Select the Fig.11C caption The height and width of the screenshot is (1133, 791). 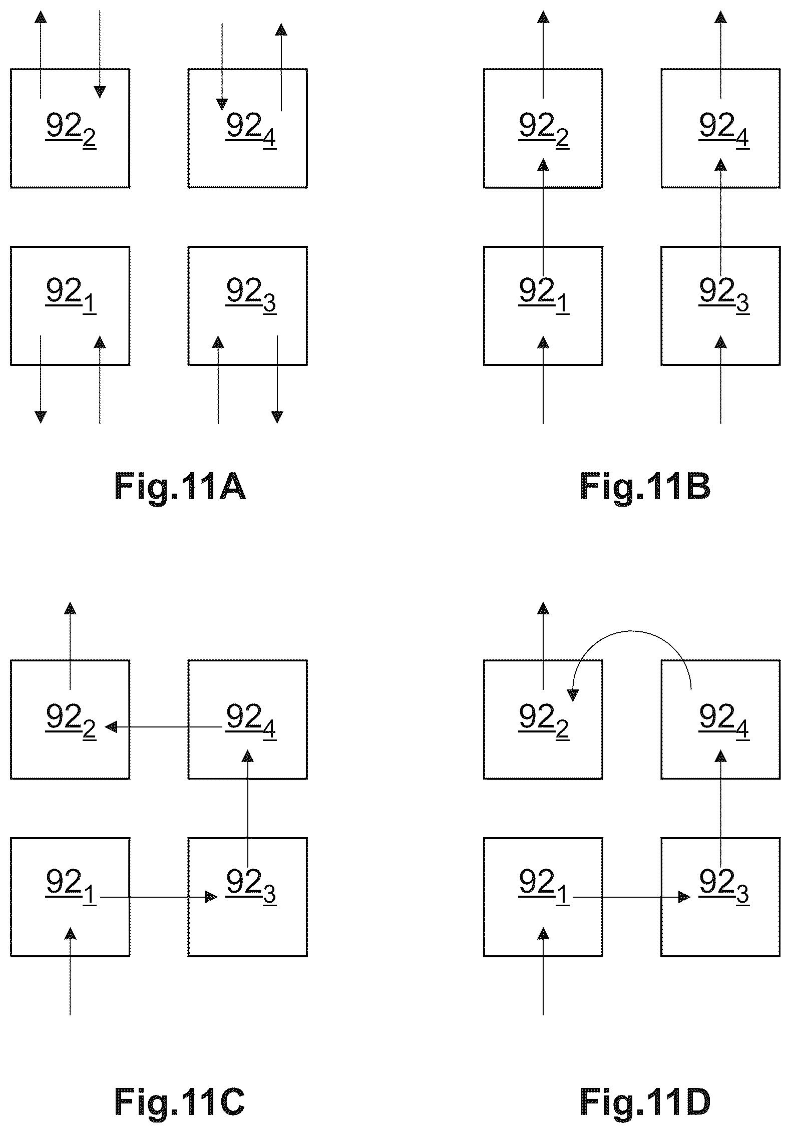point(180,1102)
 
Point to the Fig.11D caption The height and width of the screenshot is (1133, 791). point(645,1102)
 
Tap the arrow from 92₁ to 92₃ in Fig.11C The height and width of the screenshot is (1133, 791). point(159,897)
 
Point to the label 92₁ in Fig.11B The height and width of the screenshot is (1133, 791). point(544,296)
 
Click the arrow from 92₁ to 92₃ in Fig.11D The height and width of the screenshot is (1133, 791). point(632,897)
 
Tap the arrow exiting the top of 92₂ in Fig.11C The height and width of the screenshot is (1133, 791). point(70,646)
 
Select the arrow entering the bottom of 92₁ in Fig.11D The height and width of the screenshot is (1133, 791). point(543,971)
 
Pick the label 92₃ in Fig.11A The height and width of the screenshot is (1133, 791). point(251,296)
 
